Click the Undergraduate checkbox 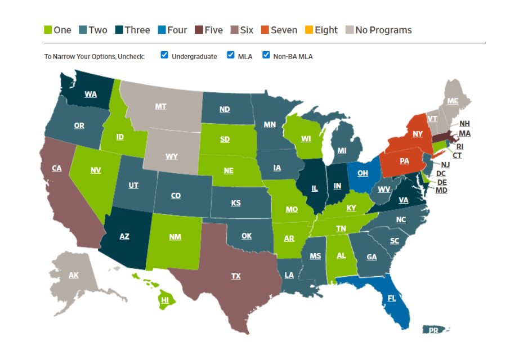164,55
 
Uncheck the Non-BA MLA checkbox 267,55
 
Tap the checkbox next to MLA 231,55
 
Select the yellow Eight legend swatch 308,30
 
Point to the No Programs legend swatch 349,30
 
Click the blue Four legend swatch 161,30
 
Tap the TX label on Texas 236,276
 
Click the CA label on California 56,168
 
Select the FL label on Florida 392,298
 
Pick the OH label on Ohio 363,173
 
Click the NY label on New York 418,134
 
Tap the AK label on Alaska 74,275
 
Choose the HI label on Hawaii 165,300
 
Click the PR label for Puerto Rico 433,331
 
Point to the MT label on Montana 160,106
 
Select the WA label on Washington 91,94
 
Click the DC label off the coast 441,174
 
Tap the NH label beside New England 464,124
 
